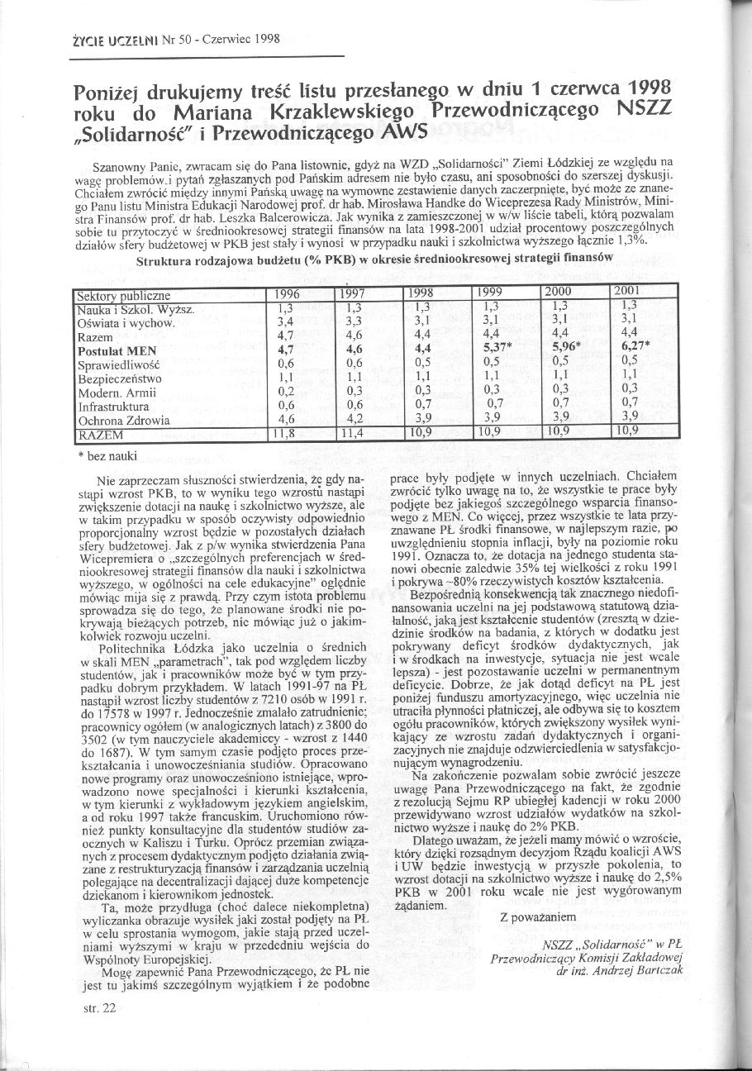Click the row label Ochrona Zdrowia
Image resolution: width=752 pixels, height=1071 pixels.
tap(123, 421)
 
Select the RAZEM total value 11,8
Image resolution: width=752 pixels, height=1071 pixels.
tap(287, 434)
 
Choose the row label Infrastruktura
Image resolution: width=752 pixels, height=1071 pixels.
tap(113, 407)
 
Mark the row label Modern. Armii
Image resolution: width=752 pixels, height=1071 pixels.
tap(116, 393)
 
